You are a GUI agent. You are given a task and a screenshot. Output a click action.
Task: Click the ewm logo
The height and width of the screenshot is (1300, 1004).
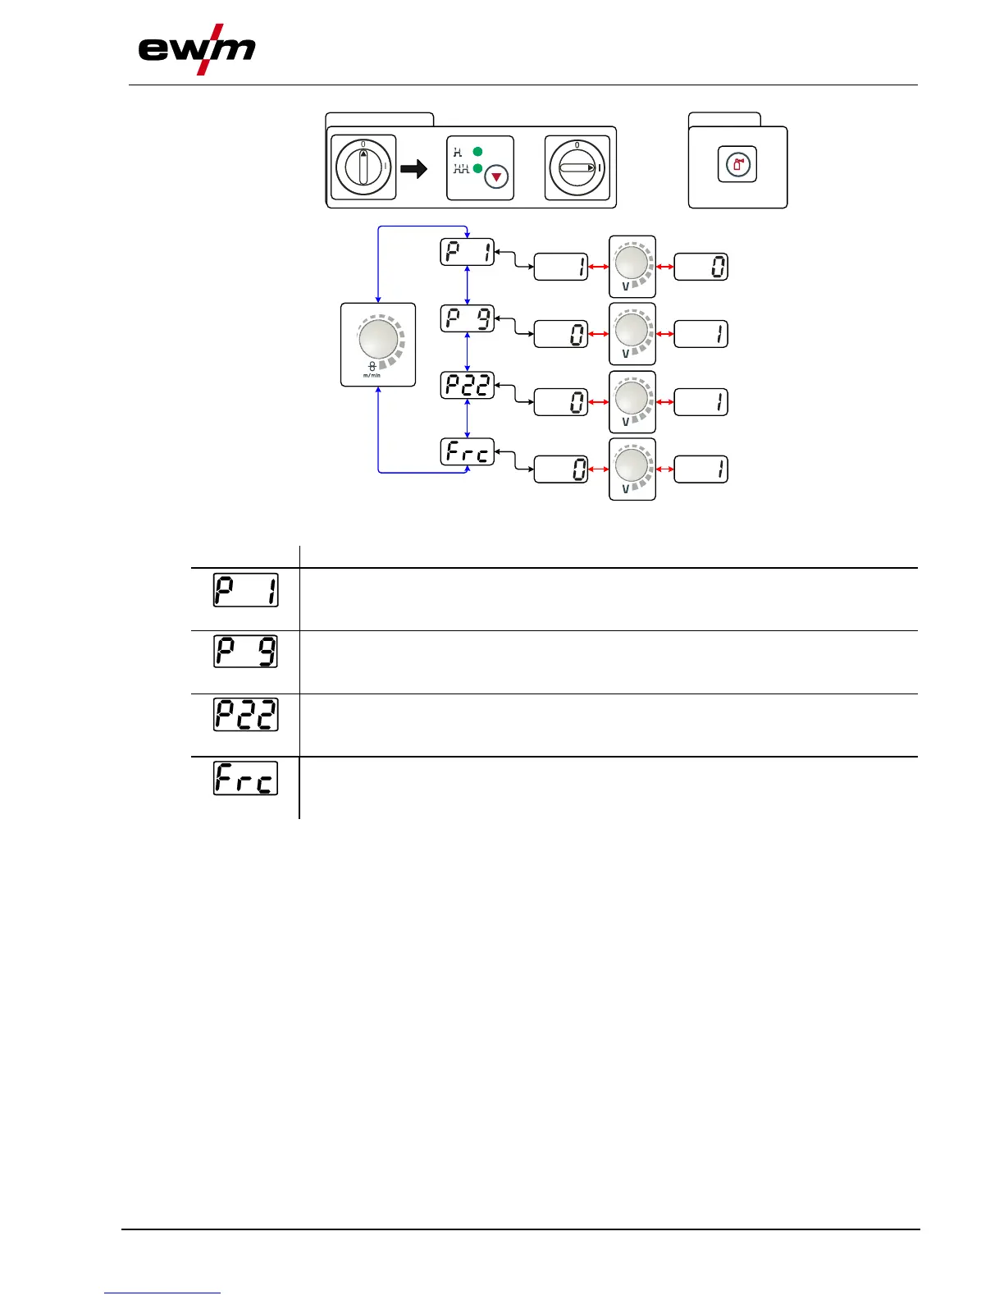(196, 51)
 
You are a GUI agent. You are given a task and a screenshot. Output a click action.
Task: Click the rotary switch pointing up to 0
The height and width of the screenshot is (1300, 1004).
(363, 167)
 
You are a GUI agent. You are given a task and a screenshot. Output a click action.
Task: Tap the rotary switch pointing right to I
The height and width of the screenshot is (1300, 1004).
(577, 167)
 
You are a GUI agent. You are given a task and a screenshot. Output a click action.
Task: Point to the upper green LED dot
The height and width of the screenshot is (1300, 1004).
(477, 152)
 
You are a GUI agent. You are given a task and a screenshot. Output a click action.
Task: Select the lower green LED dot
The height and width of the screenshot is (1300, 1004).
(477, 168)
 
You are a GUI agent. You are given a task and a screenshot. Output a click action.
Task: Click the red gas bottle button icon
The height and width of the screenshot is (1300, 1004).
(737, 166)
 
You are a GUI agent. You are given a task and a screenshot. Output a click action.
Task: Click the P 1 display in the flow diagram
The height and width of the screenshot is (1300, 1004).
(468, 252)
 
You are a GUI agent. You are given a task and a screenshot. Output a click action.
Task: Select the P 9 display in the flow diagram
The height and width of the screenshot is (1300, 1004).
(468, 318)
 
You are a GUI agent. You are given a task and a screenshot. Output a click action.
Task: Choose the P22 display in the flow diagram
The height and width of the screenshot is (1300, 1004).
(468, 385)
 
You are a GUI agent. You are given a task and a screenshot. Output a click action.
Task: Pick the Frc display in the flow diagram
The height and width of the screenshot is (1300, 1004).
(468, 452)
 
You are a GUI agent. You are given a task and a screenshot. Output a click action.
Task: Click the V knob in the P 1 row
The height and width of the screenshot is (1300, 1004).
(632, 264)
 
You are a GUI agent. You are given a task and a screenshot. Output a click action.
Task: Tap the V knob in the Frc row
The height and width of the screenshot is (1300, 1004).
(632, 467)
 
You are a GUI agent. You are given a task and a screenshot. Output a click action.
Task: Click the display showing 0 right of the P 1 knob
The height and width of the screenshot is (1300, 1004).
(701, 267)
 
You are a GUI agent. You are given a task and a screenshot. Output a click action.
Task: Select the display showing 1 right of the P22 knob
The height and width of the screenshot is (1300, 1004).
(701, 402)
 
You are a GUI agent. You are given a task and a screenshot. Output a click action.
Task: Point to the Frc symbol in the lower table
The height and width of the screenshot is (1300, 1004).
(245, 778)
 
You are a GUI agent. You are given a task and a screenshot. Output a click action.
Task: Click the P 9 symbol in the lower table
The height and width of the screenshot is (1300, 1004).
(245, 652)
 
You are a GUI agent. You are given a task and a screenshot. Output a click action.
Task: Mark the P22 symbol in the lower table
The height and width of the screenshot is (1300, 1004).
(245, 715)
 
